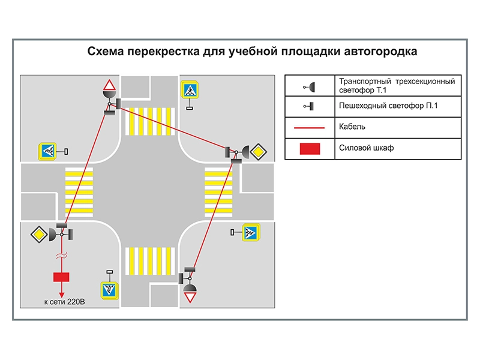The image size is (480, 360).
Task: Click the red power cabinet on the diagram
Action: point(61,277)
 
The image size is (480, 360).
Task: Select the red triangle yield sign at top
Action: point(108,84)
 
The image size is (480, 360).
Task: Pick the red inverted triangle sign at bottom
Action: point(190,297)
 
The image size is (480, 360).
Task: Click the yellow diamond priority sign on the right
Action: point(257,151)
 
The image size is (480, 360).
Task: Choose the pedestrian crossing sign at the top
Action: point(190,91)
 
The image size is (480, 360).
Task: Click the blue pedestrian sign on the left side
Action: point(47,151)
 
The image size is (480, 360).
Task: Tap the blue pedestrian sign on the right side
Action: point(250,232)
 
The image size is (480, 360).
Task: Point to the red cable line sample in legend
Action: point(311,128)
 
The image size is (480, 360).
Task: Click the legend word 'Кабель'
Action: point(352,127)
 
